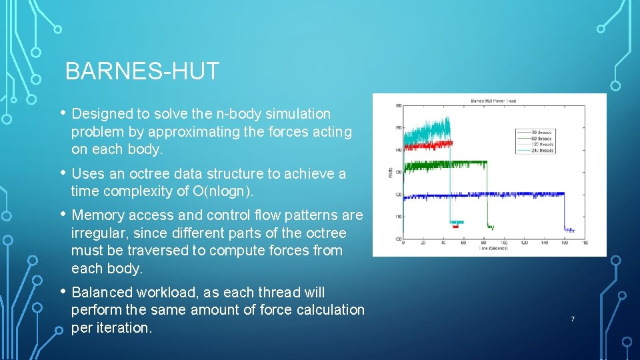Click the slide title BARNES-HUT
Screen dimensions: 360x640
point(142,71)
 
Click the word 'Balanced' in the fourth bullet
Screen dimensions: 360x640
point(101,293)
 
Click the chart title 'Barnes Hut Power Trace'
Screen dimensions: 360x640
point(494,101)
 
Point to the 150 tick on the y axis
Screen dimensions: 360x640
point(397,128)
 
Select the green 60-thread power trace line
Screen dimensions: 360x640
point(453,163)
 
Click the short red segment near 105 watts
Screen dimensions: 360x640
point(456,227)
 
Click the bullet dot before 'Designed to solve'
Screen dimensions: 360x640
point(62,114)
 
